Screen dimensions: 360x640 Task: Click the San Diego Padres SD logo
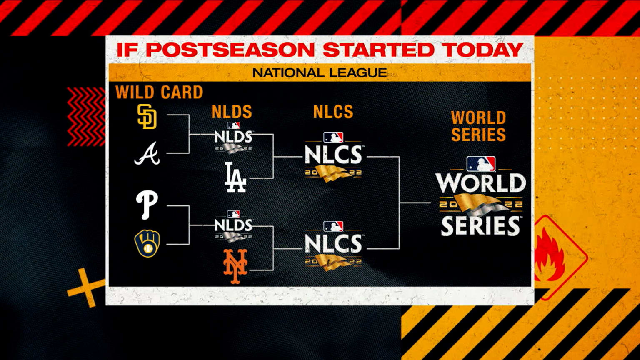(x=147, y=116)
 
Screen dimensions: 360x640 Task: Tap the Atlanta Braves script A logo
(x=147, y=154)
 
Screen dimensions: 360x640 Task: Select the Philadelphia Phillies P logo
(x=147, y=205)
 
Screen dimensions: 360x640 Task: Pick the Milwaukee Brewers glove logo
(x=147, y=243)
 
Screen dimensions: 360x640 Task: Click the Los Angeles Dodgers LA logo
(x=235, y=177)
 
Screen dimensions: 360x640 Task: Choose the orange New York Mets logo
(x=235, y=266)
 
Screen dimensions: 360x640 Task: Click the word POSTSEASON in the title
(x=230, y=50)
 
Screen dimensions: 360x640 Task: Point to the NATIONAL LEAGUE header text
(x=320, y=72)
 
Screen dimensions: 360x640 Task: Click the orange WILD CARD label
(x=159, y=92)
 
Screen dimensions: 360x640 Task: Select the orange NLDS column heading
(x=232, y=112)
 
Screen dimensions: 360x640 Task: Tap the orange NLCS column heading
(x=333, y=112)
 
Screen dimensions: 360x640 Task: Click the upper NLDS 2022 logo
(x=233, y=138)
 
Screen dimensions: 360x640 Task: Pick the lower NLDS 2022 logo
(x=233, y=227)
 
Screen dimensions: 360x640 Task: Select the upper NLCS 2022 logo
(x=333, y=157)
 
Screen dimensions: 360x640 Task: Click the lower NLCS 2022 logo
(x=333, y=246)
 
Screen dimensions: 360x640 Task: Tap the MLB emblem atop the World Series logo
(x=481, y=164)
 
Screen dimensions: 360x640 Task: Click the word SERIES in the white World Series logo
(x=481, y=225)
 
